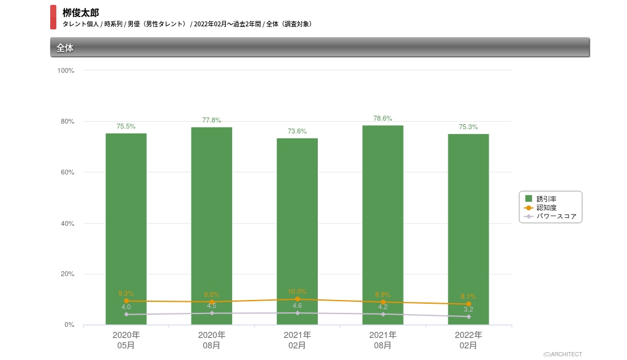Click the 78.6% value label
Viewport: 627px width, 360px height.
tap(383, 118)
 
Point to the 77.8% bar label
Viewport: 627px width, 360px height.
tap(211, 120)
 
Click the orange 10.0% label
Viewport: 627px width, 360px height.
tap(297, 291)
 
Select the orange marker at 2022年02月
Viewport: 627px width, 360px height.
tap(468, 304)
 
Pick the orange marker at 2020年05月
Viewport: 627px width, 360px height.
tap(126, 301)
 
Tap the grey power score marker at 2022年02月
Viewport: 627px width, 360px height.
tap(468, 317)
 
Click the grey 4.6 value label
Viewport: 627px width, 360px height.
tap(297, 306)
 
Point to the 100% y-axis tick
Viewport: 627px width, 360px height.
tap(66, 70)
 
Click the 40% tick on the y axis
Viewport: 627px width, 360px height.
tap(67, 223)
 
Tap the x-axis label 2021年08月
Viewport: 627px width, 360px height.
tap(383, 340)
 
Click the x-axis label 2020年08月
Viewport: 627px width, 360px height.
tap(211, 340)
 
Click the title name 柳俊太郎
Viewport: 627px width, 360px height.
tap(80, 13)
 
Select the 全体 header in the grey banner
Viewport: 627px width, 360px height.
tap(65, 48)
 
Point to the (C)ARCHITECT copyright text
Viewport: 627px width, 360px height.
tap(563, 354)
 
